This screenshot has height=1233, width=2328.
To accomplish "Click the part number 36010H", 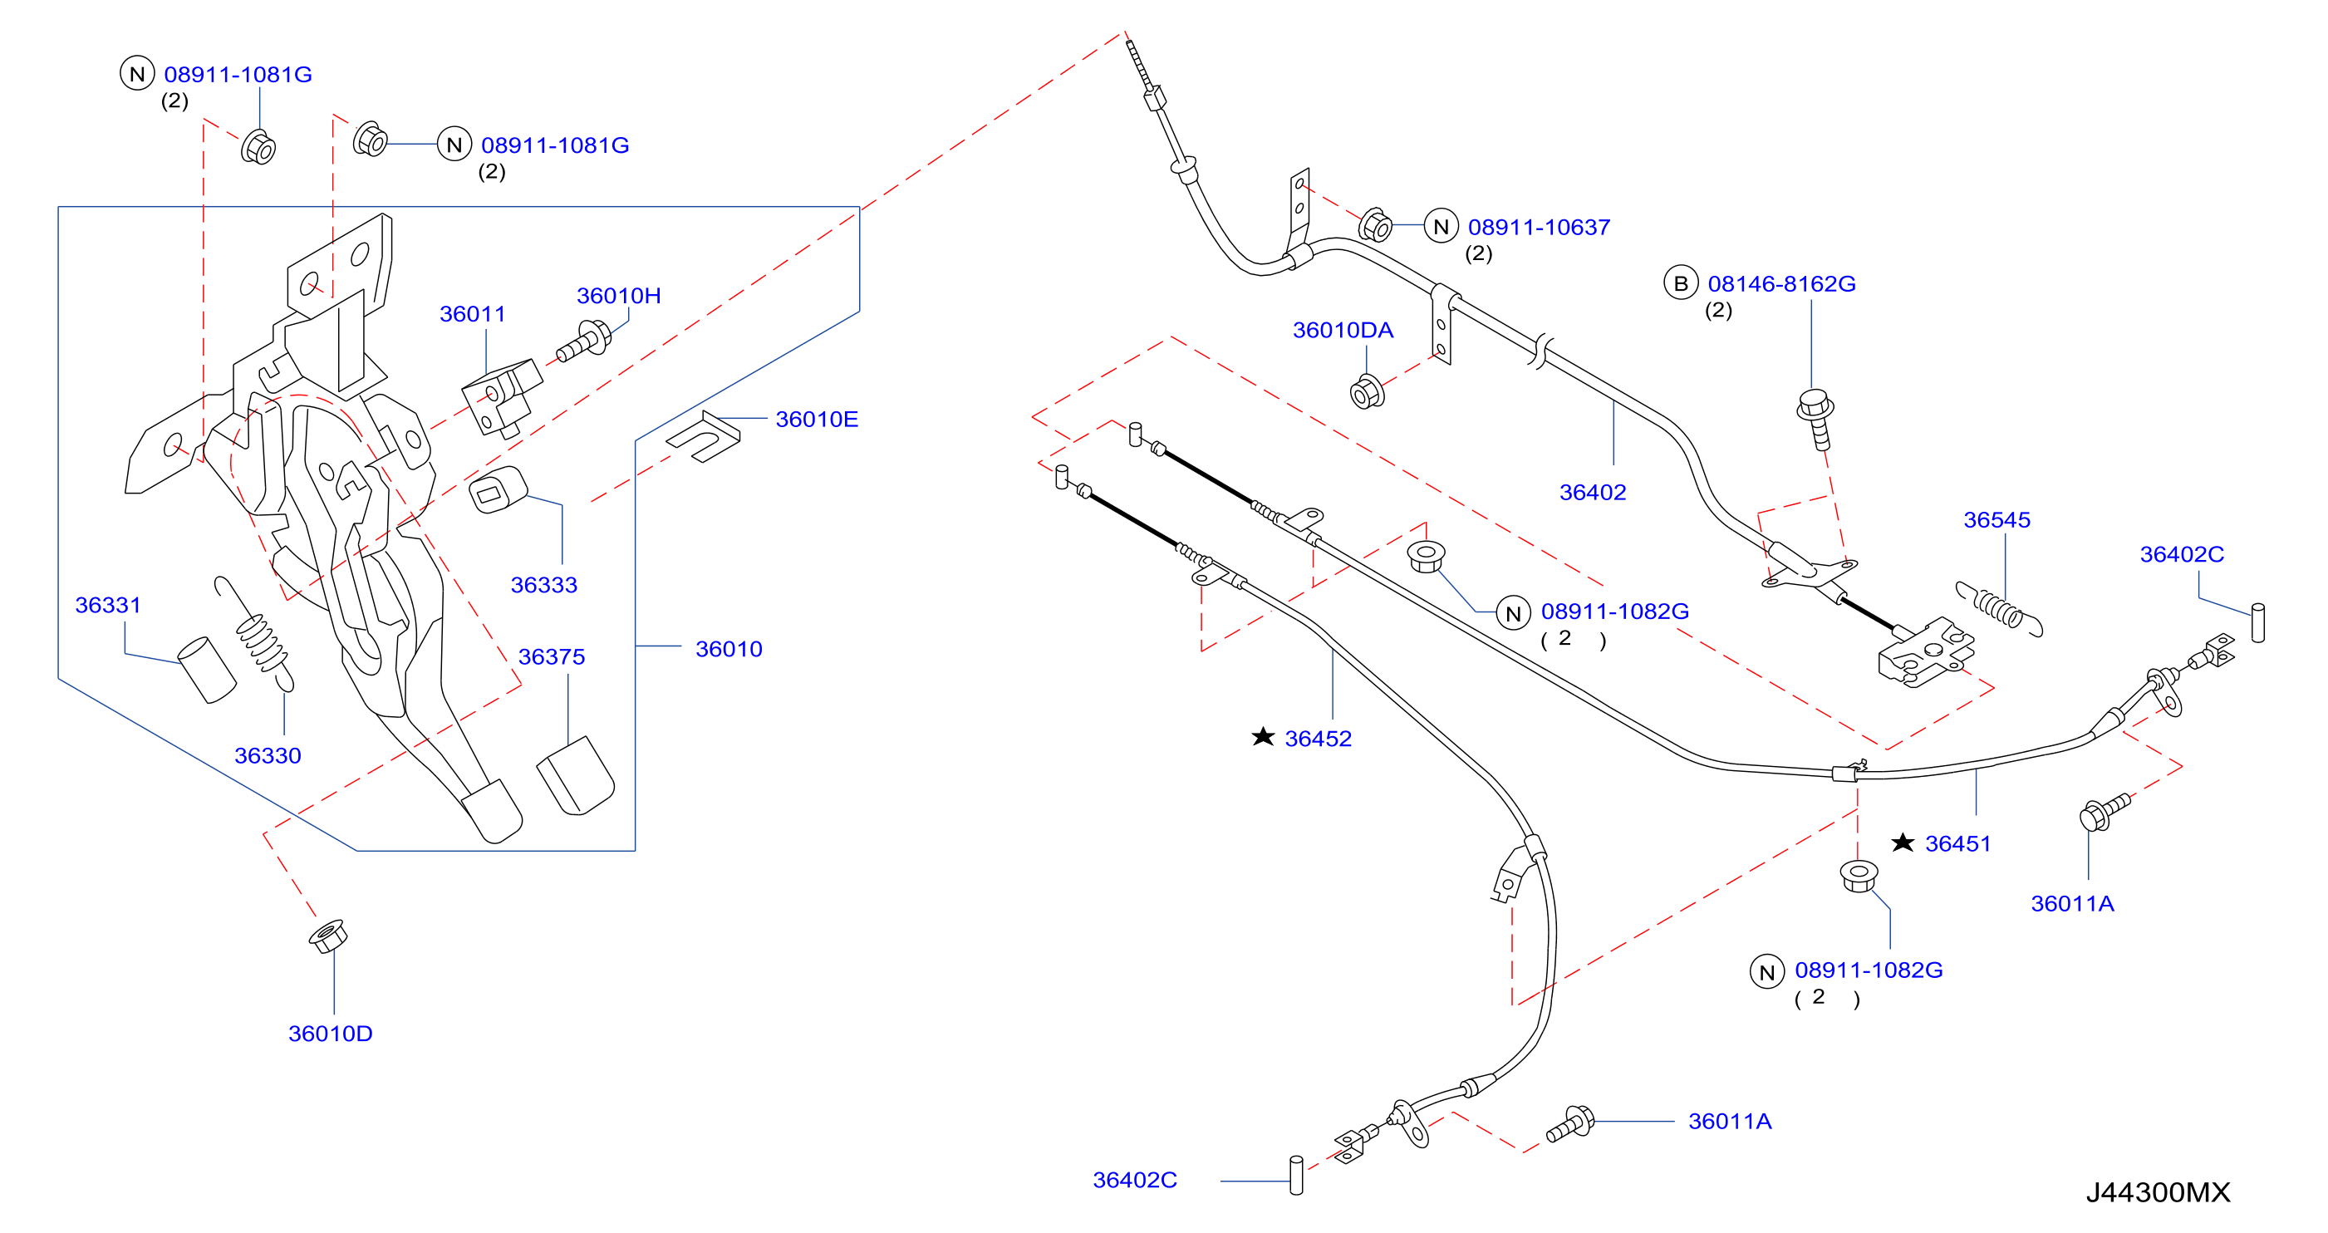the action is pos(618,296).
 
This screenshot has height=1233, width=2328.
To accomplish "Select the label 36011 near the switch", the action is pos(472,314).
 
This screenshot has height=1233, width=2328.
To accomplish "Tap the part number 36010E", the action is pos(816,419).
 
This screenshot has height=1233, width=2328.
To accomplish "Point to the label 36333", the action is pos(543,584).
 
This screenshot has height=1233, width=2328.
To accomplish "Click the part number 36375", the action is pos(552,656).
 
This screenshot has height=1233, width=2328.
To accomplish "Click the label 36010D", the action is pos(330,1034).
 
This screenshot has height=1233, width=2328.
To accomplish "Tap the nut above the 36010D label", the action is pos(327,936).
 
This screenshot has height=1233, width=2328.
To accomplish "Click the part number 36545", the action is pos(1996,520).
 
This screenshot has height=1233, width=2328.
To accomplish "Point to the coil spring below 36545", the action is pos(1999,608).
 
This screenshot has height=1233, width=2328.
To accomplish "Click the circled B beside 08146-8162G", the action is pos(1680,284).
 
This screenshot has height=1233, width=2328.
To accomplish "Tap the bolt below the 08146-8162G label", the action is pos(1815,419).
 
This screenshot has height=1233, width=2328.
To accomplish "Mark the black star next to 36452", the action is pos(1263,737).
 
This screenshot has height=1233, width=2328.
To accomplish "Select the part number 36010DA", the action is pos(1342,330).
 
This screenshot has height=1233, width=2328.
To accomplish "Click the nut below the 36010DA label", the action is pos(1367,391).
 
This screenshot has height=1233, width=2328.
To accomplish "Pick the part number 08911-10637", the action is pos(1538,227).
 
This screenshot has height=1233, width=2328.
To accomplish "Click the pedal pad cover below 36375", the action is pos(576,775).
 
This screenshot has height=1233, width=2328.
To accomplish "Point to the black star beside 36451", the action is pos(1903,842).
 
